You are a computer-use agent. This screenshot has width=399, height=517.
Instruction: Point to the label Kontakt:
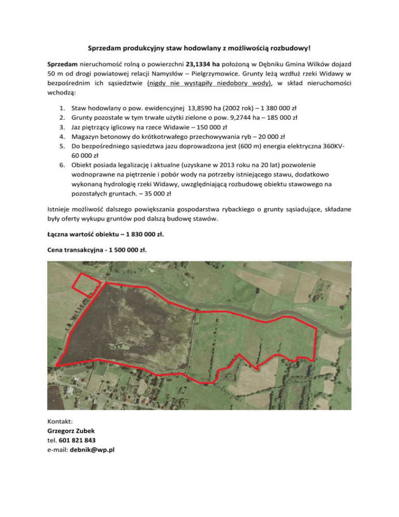click(60, 421)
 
